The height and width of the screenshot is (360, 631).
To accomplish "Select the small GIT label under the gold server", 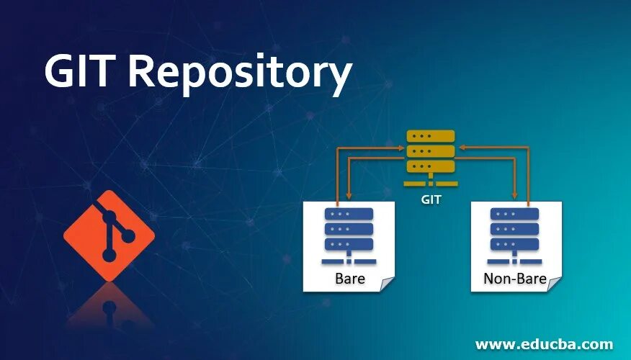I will [431, 200].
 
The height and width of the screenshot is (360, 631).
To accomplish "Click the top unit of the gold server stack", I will [431, 136].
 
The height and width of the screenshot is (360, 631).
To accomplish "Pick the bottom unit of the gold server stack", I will [431, 166].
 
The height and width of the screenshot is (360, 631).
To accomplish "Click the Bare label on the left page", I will [349, 279].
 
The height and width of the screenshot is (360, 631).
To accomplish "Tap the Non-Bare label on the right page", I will [514, 279].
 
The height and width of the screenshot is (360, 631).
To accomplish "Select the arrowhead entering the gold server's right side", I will [462, 146].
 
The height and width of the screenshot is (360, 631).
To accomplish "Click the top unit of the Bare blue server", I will [349, 214].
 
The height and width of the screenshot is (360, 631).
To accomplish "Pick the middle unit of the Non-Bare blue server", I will [514, 229].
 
